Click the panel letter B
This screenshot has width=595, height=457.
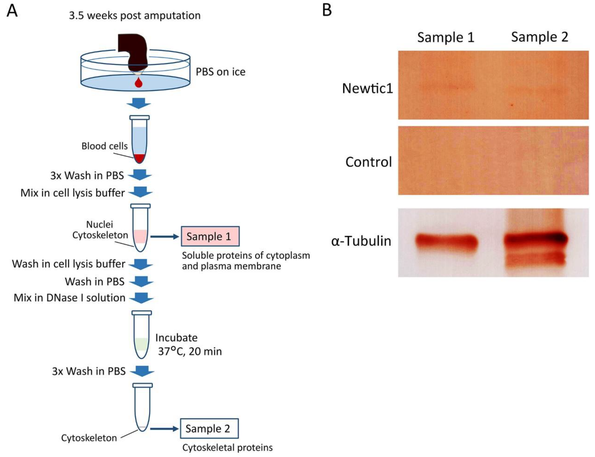pyautogui.click(x=327, y=10)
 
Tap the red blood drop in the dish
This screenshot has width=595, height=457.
pyautogui.click(x=139, y=83)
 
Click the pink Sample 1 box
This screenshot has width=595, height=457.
pyautogui.click(x=210, y=236)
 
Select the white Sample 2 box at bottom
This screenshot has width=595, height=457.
pyautogui.click(x=209, y=428)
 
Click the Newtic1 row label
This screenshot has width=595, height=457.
pyautogui.click(x=367, y=88)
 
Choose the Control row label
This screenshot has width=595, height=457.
pyautogui.click(x=368, y=162)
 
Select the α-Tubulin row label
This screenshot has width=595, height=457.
pyautogui.click(x=361, y=241)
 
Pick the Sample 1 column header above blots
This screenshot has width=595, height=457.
pyautogui.click(x=446, y=37)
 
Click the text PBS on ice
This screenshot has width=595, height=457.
pyautogui.click(x=220, y=72)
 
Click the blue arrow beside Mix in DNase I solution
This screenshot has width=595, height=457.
pyautogui.click(x=141, y=298)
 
